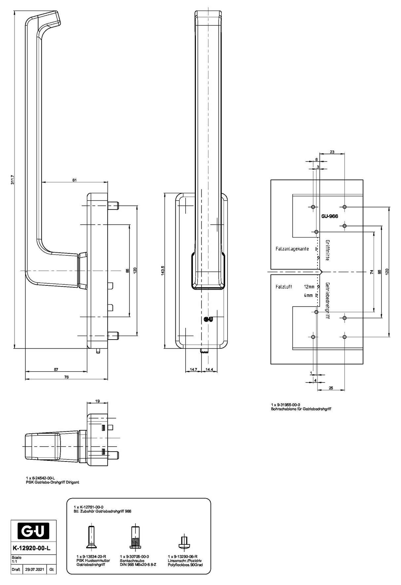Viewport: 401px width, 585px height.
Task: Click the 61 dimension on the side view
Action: point(74,180)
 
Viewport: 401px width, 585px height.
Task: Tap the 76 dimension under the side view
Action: point(66,377)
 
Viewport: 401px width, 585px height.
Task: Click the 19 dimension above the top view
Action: point(97,401)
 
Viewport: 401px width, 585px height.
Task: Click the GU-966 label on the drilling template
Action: point(329,217)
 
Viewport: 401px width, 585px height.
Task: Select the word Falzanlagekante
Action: point(292,249)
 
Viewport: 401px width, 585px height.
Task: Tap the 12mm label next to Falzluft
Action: point(309,287)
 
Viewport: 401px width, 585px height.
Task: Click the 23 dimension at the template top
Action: point(332,152)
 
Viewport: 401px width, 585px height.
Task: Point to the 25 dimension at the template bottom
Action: point(331,388)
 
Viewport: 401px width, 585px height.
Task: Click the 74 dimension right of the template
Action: point(372,272)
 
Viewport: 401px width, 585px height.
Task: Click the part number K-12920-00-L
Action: point(32,548)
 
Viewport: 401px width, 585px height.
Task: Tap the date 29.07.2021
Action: point(34,569)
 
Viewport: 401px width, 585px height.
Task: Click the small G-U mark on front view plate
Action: point(208,319)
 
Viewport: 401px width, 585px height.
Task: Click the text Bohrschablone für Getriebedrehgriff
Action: point(301,409)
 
